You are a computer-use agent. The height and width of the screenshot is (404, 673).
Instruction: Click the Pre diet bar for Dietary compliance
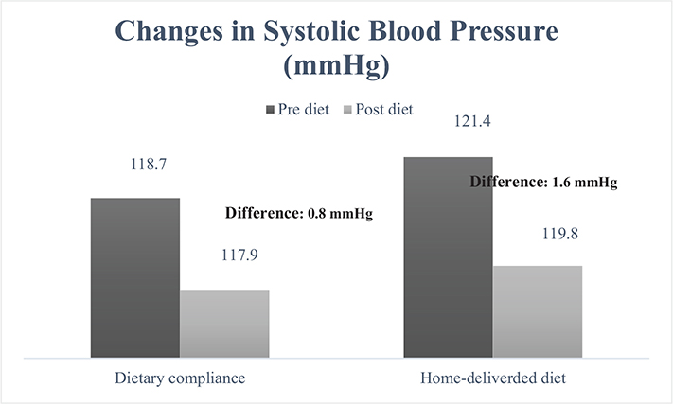click(134, 277)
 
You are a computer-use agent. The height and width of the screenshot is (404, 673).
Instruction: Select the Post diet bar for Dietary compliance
click(224, 324)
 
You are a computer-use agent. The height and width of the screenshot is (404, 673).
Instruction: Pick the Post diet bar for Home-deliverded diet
click(538, 311)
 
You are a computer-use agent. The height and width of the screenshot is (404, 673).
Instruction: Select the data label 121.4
click(448, 122)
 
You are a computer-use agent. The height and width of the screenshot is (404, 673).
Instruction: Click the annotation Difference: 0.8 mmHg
click(298, 213)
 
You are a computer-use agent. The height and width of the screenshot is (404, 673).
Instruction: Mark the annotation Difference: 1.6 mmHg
click(543, 183)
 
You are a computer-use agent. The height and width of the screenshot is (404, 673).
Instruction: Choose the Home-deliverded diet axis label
click(492, 378)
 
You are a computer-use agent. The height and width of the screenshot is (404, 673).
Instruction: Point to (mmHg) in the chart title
click(336, 68)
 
